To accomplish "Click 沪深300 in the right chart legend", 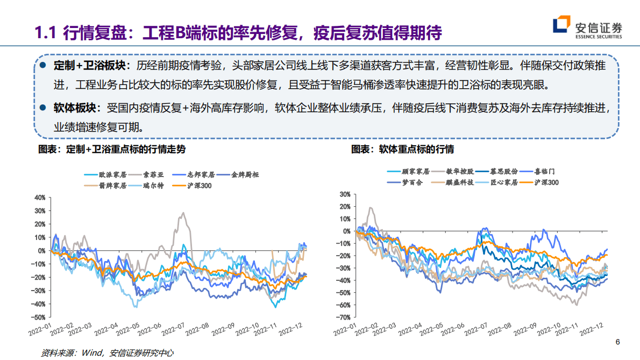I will click(x=546, y=182).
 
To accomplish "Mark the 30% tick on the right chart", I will click(x=344, y=194).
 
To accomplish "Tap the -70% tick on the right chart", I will click(x=343, y=317).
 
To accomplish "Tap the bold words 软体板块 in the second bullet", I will click(x=77, y=108).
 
